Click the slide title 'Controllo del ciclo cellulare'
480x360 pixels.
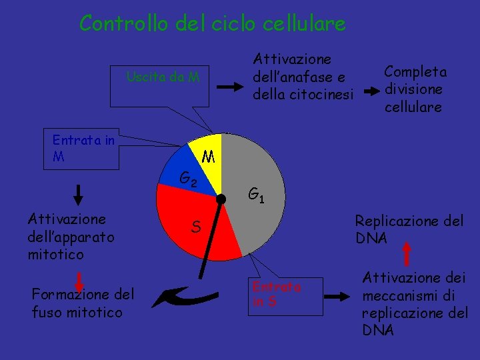212,23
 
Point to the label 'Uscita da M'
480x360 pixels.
163,77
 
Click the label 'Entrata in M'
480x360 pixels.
83,149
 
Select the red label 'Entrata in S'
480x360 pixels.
277,294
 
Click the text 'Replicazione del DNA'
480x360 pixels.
408,229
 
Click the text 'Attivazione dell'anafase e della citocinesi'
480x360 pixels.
302,77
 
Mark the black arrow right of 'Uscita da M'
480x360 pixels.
233,87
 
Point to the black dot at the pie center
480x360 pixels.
221,198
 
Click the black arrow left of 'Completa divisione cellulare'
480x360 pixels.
367,89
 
